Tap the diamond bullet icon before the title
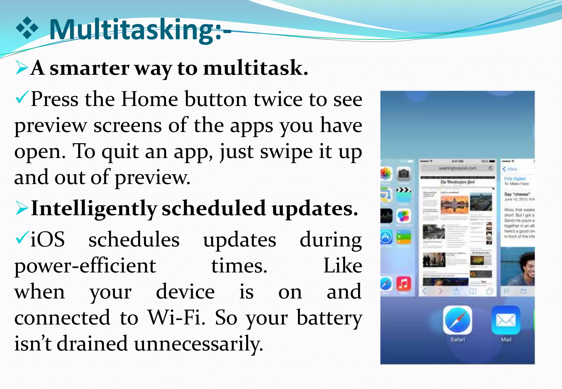click(27, 28)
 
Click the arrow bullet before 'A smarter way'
click(22, 68)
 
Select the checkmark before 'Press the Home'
click(22, 97)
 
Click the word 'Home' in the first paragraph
click(150, 99)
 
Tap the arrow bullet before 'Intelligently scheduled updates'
click(22, 208)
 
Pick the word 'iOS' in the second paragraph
click(47, 239)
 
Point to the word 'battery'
click(329, 318)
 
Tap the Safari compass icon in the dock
click(457, 320)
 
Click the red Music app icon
click(403, 283)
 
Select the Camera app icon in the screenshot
click(403, 173)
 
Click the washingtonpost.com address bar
click(457, 168)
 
